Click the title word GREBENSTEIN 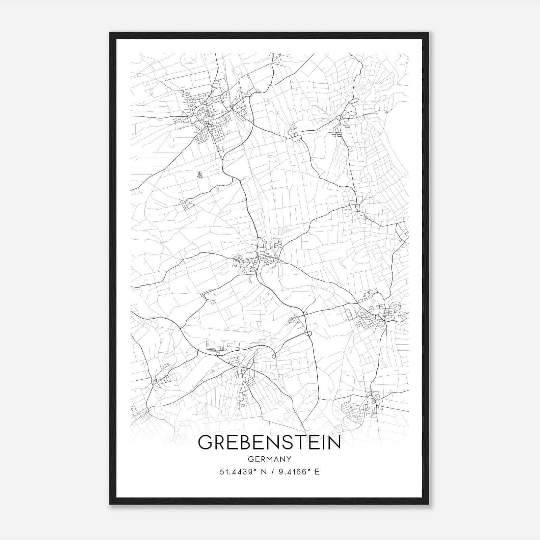pyautogui.click(x=269, y=442)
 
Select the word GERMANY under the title pyautogui.click(x=269, y=459)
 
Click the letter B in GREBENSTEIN pyautogui.click(x=245, y=442)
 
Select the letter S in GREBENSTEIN pyautogui.click(x=287, y=442)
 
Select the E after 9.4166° pyautogui.click(x=317, y=472)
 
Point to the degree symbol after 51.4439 pyautogui.click(x=257, y=470)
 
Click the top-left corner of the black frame pyautogui.click(x=110, y=33)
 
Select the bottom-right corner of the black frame pyautogui.click(x=429, y=504)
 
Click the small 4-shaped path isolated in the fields pyautogui.click(x=200, y=175)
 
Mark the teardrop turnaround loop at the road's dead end pyautogui.click(x=274, y=355)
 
